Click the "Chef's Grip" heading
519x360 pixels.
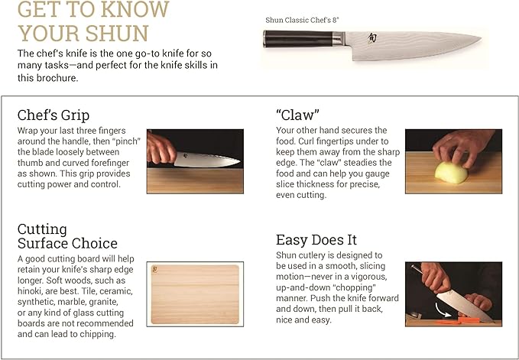(x=54, y=115)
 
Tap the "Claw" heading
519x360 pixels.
(x=297, y=115)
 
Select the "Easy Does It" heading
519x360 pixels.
(x=316, y=240)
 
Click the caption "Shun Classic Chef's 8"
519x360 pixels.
(x=302, y=20)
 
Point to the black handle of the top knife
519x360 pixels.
(x=298, y=39)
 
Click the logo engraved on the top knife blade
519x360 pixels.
(x=372, y=37)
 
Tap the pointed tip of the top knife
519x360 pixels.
(x=481, y=37)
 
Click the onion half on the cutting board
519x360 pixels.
(x=451, y=173)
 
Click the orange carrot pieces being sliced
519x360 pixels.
(x=457, y=320)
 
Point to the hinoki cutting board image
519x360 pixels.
(x=195, y=294)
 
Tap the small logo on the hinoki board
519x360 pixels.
(x=155, y=269)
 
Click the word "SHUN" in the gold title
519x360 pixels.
(x=117, y=33)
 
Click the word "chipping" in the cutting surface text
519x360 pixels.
(x=100, y=334)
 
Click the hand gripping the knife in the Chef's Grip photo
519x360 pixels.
(x=161, y=148)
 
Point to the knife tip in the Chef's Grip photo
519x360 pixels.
(x=240, y=161)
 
